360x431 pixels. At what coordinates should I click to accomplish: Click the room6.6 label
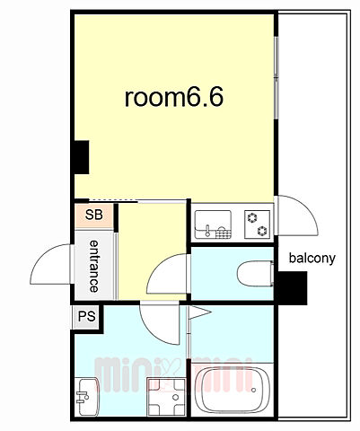click(174, 97)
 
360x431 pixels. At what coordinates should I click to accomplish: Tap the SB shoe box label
click(94, 215)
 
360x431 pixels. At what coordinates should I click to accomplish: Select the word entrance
click(94, 266)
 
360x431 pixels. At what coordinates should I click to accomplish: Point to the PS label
click(87, 316)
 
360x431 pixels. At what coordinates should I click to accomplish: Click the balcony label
click(312, 258)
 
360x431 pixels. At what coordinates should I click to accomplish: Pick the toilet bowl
click(255, 274)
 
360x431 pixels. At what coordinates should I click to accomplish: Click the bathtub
click(233, 390)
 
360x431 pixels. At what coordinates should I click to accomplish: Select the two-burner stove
click(258, 224)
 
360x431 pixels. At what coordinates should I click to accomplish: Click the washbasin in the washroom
click(88, 396)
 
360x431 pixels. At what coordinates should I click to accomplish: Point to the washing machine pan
click(166, 397)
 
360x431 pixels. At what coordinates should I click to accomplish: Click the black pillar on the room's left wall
click(82, 157)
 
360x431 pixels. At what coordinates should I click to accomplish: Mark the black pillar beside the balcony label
click(293, 288)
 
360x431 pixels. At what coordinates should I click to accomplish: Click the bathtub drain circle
click(254, 390)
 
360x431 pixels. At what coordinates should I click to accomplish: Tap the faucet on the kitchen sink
click(207, 231)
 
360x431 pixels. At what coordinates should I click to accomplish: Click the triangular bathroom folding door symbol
click(200, 312)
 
